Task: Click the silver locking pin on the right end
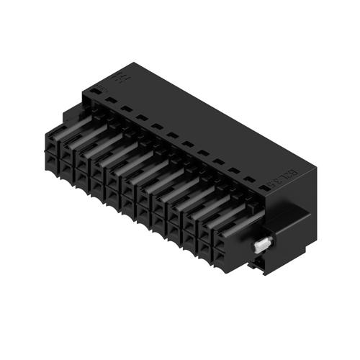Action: tap(262, 244)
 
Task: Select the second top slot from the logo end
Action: tap(127, 109)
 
